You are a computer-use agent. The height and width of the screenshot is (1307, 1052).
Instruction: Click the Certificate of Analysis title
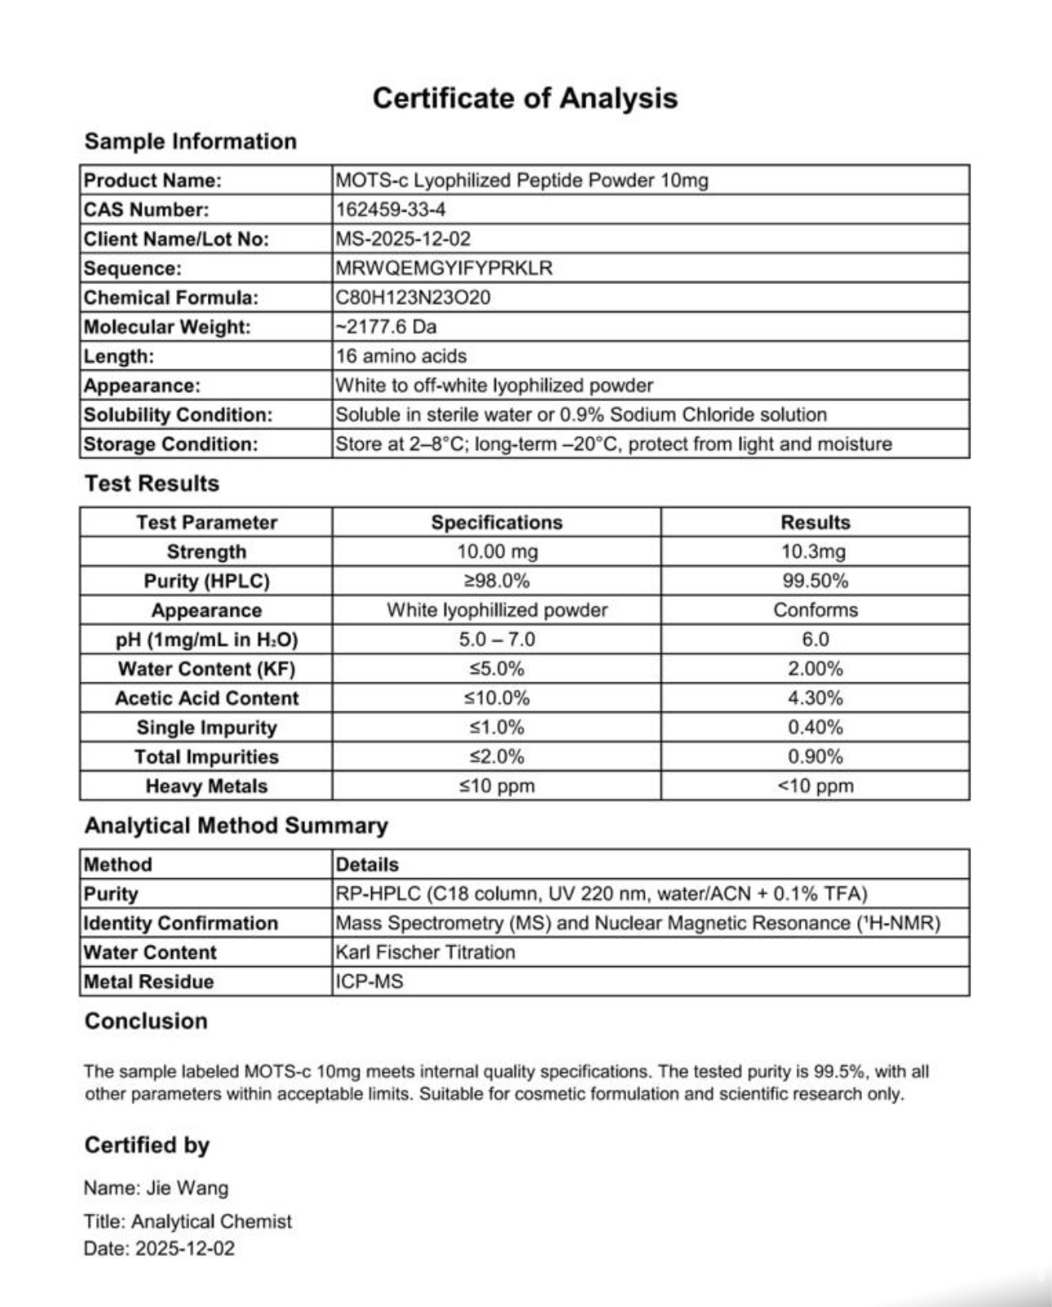(x=524, y=98)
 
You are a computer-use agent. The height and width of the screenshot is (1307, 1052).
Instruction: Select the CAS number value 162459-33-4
(x=391, y=210)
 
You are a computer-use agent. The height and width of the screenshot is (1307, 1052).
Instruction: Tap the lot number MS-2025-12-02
(x=403, y=239)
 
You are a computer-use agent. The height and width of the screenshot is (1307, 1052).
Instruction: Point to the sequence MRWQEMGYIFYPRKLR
(x=444, y=268)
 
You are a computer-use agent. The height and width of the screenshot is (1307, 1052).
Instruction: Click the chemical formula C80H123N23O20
(x=413, y=298)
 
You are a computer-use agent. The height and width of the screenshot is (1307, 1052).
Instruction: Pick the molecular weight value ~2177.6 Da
(x=386, y=327)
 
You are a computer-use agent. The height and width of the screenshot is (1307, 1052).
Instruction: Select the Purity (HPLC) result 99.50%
(x=815, y=581)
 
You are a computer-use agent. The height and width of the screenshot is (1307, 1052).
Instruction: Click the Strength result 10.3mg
(x=814, y=552)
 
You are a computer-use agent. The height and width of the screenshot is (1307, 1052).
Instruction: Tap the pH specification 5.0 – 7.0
(x=497, y=639)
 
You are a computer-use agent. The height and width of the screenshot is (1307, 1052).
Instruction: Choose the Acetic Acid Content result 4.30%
(x=815, y=698)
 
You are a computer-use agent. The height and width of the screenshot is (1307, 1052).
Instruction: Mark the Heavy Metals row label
(x=206, y=786)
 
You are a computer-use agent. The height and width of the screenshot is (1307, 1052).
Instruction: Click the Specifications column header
(x=497, y=523)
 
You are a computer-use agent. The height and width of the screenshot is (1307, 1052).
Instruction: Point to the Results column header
(x=815, y=523)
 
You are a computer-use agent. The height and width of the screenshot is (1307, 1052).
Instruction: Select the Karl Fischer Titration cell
(x=425, y=952)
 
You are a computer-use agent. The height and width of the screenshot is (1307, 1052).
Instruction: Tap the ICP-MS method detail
(x=369, y=982)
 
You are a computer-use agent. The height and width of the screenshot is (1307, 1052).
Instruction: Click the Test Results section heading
(x=152, y=484)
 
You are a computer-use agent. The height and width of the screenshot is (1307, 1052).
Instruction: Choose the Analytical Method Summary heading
(x=236, y=825)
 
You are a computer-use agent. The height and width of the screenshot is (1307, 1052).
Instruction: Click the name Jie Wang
(x=188, y=1188)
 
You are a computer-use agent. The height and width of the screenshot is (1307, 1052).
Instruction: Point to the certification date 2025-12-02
(x=184, y=1248)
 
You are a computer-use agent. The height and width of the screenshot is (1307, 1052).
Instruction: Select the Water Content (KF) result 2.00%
(x=815, y=669)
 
